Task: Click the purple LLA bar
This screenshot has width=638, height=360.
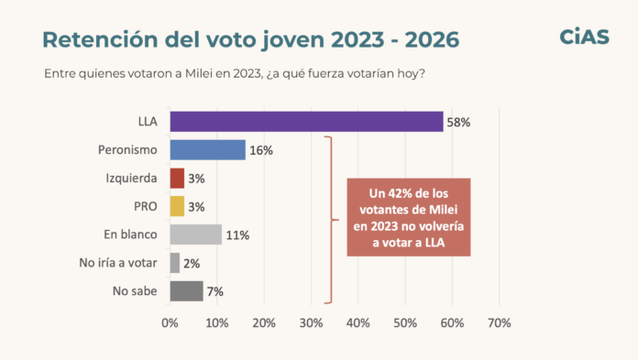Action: (306, 122)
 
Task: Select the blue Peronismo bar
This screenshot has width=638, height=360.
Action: (207, 149)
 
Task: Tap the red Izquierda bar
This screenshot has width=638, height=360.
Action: (177, 179)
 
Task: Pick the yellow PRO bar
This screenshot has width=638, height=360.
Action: (177, 206)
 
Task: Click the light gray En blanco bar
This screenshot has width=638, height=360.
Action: (196, 235)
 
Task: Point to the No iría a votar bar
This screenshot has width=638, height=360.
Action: (174, 263)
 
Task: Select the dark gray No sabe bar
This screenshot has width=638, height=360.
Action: (186, 291)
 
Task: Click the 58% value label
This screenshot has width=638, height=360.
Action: (458, 123)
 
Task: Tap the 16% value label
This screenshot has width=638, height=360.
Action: (261, 150)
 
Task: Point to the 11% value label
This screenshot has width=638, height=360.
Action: (237, 235)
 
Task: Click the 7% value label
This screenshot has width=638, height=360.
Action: (215, 291)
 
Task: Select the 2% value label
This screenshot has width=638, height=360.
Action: (192, 264)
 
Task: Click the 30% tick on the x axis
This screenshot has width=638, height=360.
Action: (312, 323)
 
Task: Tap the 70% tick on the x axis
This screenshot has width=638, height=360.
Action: (500, 323)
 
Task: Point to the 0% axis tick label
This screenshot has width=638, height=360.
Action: (170, 323)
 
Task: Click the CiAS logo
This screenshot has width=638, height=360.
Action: (585, 37)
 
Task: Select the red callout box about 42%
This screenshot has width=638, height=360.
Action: (409, 217)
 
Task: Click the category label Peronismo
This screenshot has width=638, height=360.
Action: (127, 149)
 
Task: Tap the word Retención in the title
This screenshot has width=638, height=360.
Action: (100, 39)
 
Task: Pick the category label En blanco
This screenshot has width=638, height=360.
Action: (130, 235)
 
